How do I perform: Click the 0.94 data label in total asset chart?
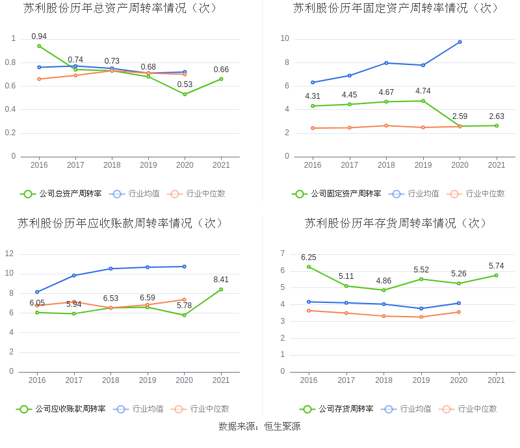[x=39, y=36]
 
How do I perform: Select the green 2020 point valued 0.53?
[x=185, y=94]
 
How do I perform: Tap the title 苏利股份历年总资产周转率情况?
[x=121, y=8]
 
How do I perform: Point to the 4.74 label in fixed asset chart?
[x=423, y=91]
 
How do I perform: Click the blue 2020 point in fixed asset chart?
[x=460, y=42]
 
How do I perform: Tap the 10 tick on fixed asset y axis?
[x=285, y=39]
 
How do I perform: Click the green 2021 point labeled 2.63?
[x=497, y=125]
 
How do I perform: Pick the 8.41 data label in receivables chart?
[x=221, y=280]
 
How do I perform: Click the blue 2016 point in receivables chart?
[x=37, y=292]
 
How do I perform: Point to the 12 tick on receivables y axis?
[x=10, y=254]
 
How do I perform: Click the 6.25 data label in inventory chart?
[x=309, y=257]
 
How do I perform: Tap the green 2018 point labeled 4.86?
[x=383, y=290]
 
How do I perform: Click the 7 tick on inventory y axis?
[x=283, y=254]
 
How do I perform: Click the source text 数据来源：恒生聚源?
[x=259, y=427]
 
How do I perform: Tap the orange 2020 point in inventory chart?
[x=458, y=312]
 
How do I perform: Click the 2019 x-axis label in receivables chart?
[x=148, y=380]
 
